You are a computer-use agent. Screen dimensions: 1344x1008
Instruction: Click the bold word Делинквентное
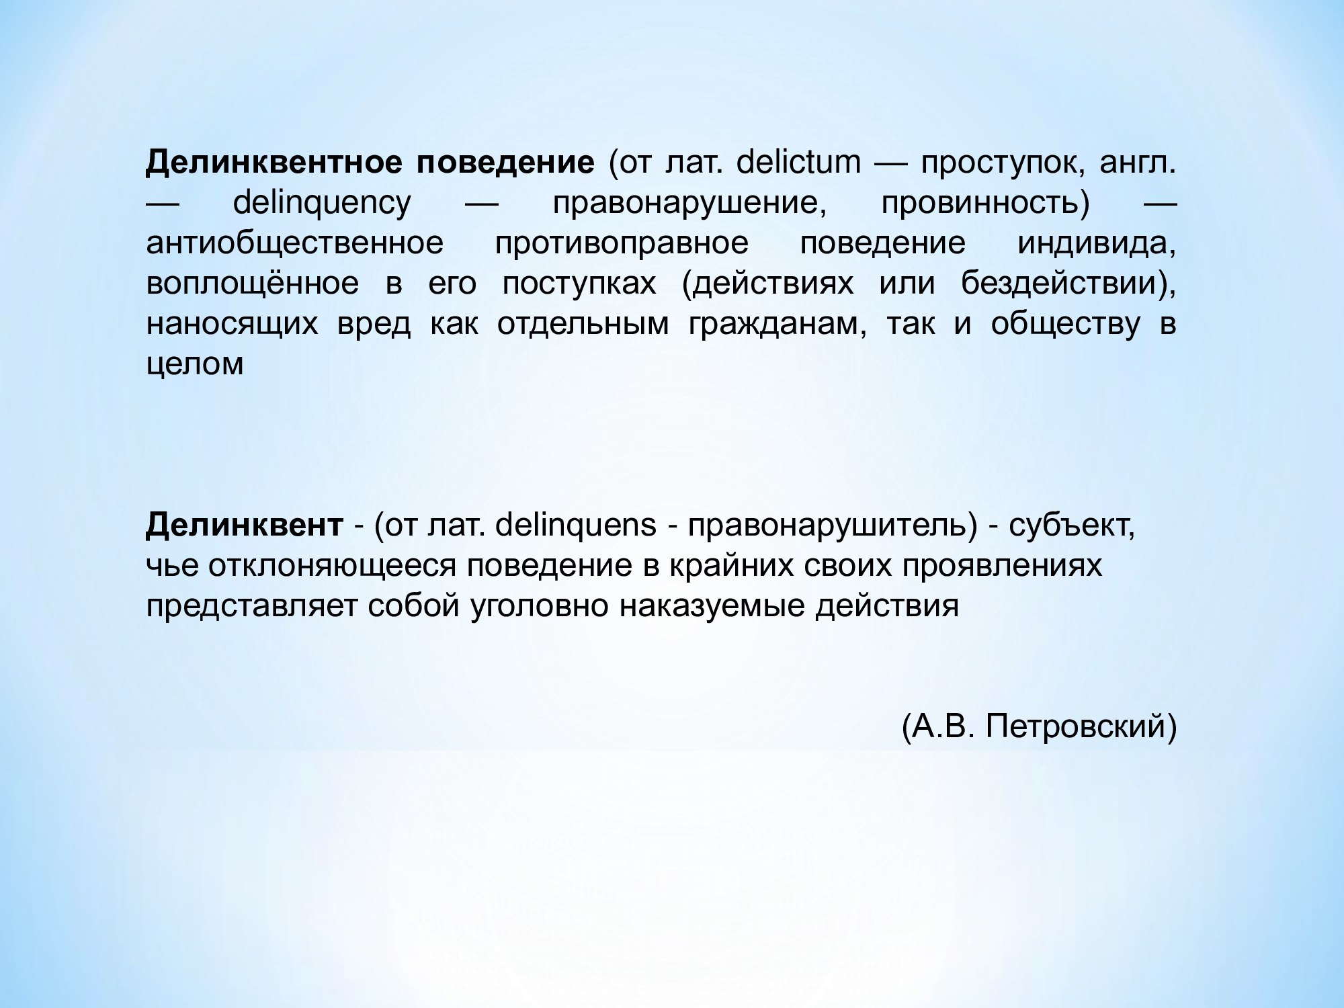click(274, 163)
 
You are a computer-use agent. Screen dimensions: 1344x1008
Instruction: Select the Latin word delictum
click(798, 163)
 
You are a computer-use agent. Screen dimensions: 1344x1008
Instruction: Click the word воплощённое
click(253, 283)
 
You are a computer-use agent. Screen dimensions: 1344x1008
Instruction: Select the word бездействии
click(1062, 284)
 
